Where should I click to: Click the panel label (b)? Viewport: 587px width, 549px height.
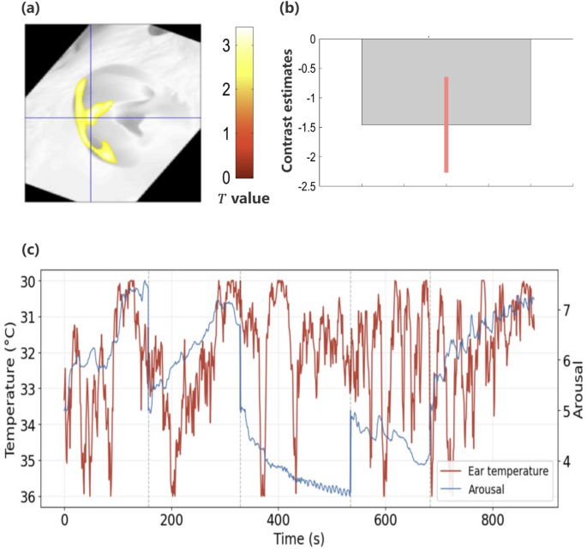(291, 10)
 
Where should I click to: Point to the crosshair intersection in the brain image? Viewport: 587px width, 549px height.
(90, 117)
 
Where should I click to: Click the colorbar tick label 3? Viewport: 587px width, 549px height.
(225, 45)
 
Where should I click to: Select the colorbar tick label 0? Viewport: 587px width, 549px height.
(225, 178)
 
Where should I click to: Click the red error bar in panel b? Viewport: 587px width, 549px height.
(446, 124)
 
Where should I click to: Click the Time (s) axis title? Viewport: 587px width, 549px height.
(298, 538)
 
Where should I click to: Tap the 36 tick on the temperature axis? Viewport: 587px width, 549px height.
(29, 497)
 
